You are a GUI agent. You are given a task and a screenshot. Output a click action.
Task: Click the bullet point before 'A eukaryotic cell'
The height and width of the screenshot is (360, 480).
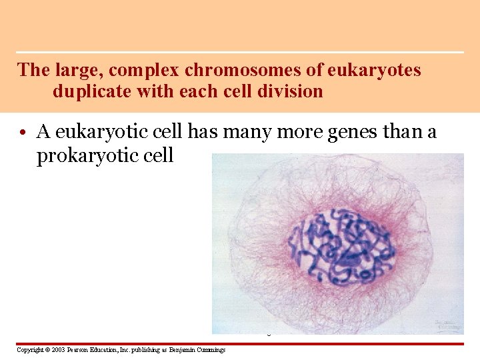click(x=23, y=133)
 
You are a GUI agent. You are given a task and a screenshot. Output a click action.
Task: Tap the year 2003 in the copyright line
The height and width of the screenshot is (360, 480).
click(x=56, y=350)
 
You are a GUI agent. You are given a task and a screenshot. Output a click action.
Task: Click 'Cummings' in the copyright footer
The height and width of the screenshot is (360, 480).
click(x=210, y=350)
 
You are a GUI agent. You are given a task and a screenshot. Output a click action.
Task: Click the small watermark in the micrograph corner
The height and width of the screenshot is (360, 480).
click(x=447, y=325)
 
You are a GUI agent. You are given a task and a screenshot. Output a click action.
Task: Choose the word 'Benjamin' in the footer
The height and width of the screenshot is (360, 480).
click(x=180, y=350)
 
